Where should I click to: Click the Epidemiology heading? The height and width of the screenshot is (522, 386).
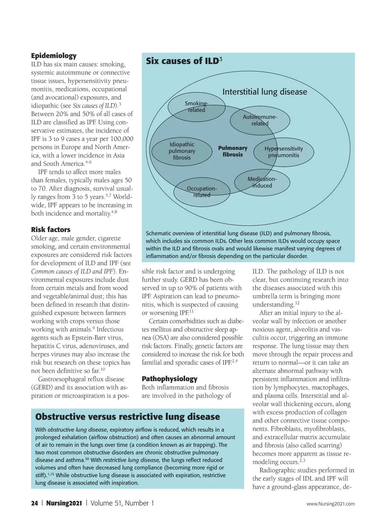pyautogui.click(x=54, y=56)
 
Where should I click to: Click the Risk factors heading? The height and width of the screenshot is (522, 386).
pyautogui.click(x=51, y=230)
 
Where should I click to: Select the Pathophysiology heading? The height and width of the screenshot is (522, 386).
pyautogui.click(x=170, y=379)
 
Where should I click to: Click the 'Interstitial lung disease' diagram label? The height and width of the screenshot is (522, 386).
pyautogui.click(x=264, y=92)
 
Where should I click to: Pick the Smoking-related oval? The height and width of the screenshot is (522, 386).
pyautogui.click(x=196, y=107)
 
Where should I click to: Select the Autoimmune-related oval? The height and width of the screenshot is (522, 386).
pyautogui.click(x=260, y=120)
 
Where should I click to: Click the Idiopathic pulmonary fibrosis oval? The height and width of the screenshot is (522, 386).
pyautogui.click(x=182, y=151)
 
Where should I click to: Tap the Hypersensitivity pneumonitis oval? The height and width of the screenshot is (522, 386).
pyautogui.click(x=283, y=152)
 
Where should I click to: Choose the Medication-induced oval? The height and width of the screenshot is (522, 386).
pyautogui.click(x=262, y=182)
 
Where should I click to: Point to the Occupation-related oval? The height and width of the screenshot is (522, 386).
pyautogui.click(x=202, y=192)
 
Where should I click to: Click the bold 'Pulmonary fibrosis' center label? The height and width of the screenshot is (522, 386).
pyautogui.click(x=233, y=151)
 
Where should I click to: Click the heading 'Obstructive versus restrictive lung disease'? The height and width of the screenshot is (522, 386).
pyautogui.click(x=127, y=417)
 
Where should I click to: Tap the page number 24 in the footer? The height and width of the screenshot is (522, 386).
pyautogui.click(x=34, y=503)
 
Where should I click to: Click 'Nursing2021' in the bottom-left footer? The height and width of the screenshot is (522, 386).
pyautogui.click(x=64, y=503)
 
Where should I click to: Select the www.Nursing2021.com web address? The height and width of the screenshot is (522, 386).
pyautogui.click(x=330, y=504)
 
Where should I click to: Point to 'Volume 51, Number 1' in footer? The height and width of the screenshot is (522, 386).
pyautogui.click(x=122, y=503)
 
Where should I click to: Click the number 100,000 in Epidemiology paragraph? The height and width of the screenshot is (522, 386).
pyautogui.click(x=122, y=139)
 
